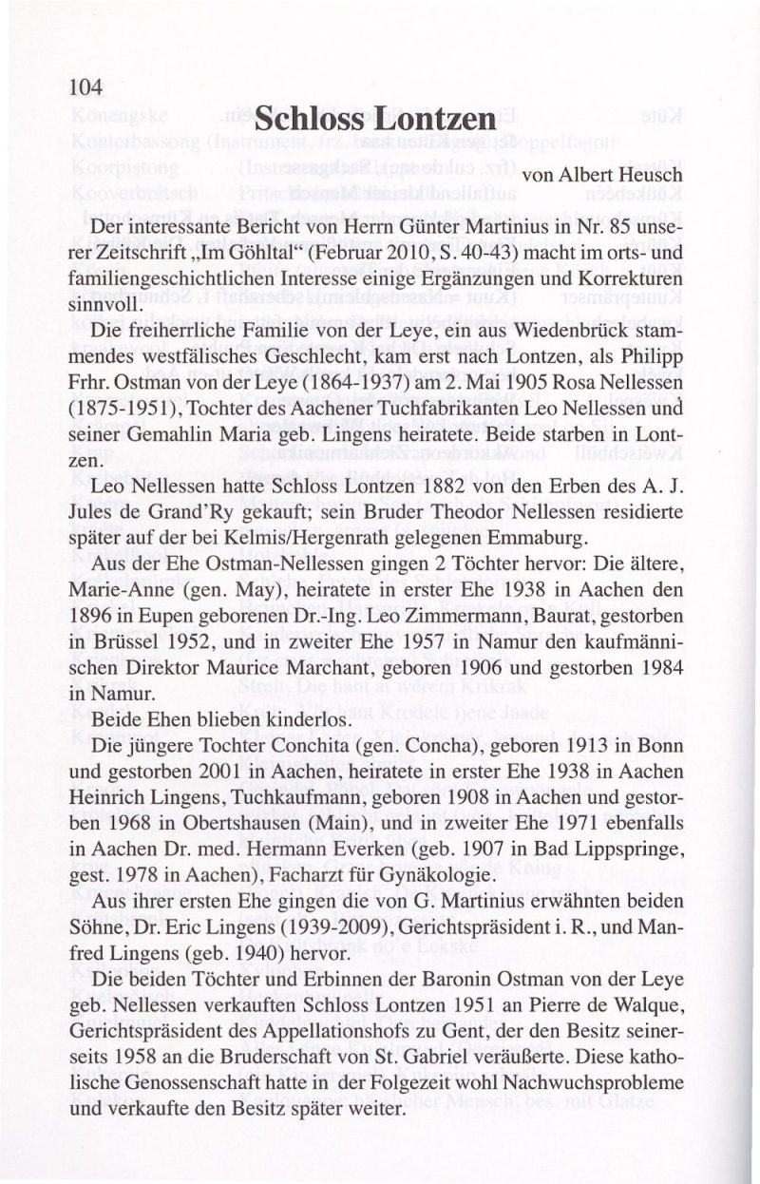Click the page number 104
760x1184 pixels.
pyautogui.click(x=85, y=87)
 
